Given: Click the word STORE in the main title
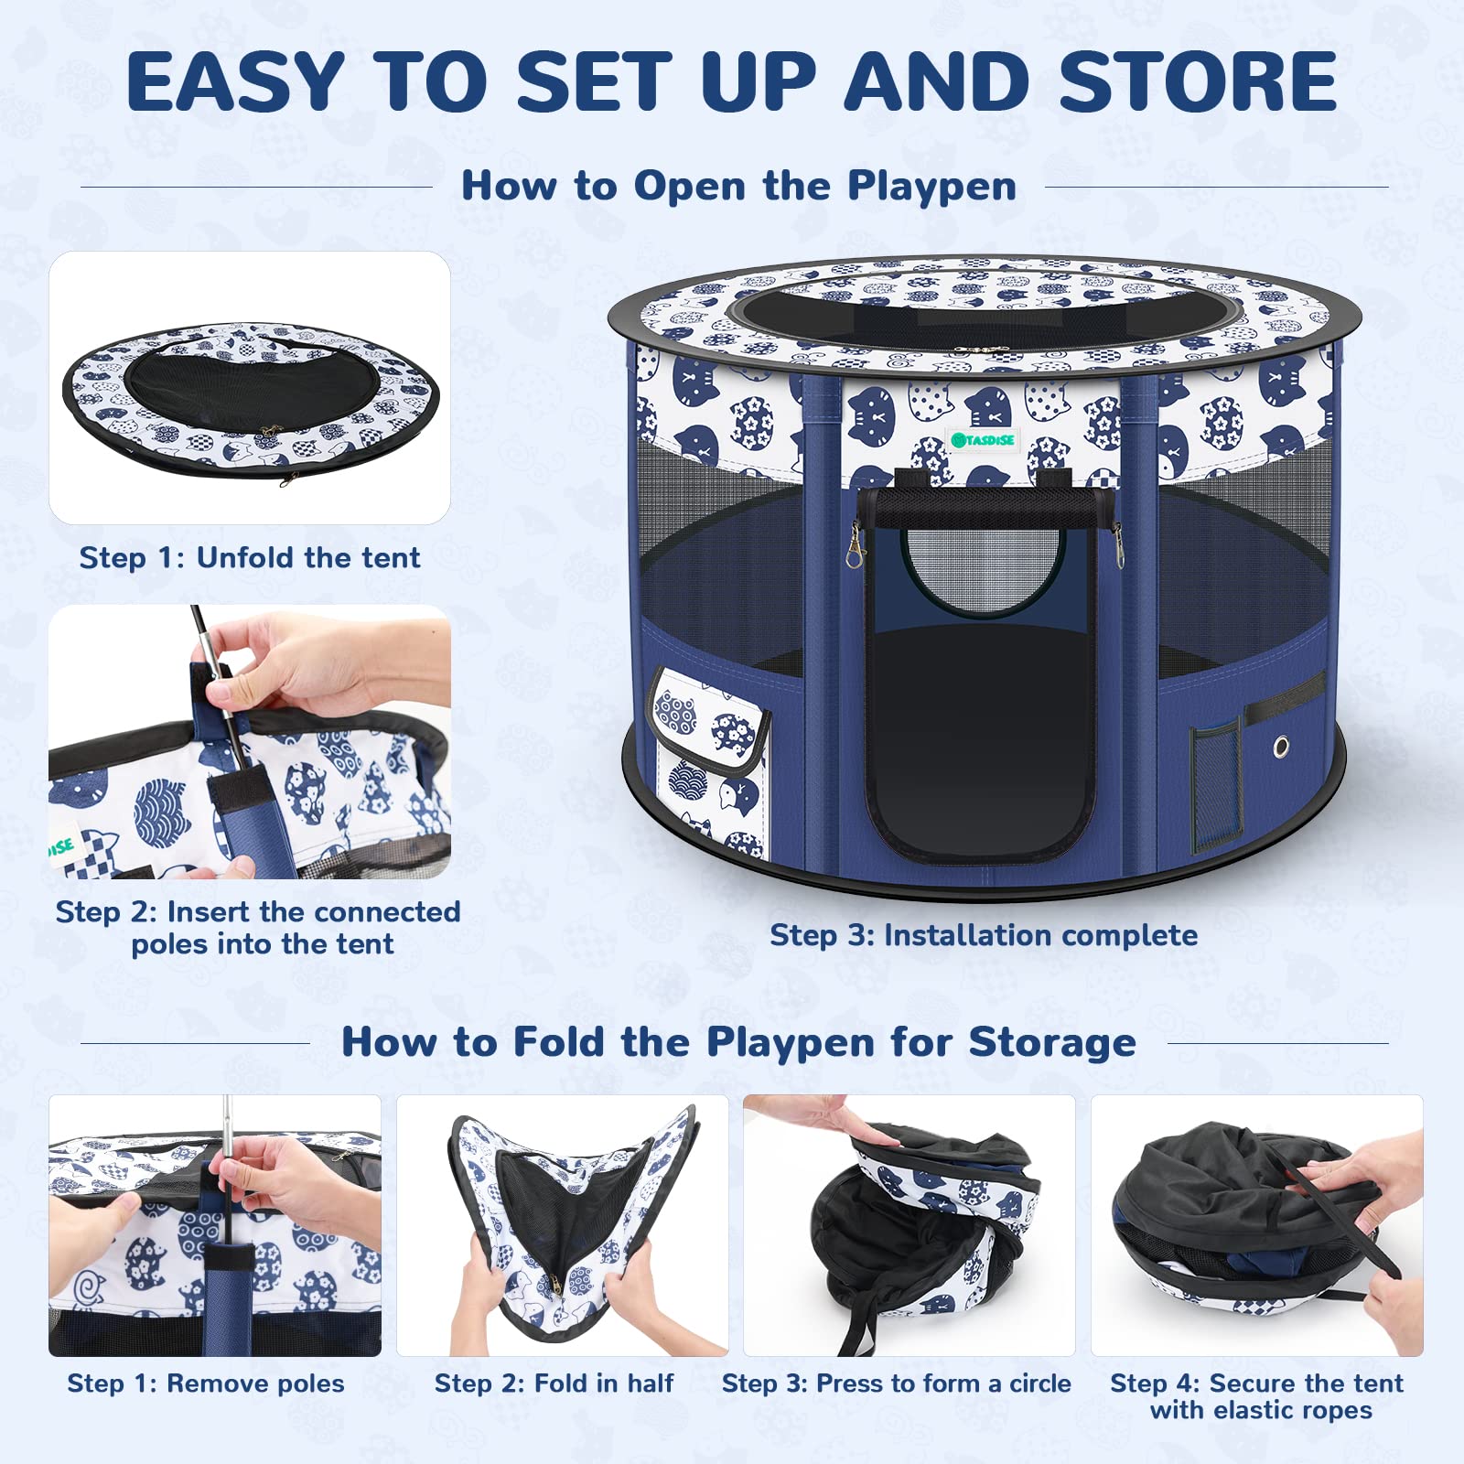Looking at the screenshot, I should (x=1198, y=82).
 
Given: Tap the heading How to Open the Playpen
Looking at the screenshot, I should (x=738, y=186).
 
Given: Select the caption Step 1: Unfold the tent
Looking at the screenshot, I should (x=249, y=557).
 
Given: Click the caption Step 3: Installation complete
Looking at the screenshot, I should (x=983, y=935).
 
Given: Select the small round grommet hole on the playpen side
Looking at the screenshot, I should (x=1281, y=747).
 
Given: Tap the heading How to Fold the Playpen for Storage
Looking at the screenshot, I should (x=738, y=1042).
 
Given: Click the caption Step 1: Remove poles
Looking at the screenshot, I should (x=206, y=1383).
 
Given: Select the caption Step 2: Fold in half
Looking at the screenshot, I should (x=554, y=1383).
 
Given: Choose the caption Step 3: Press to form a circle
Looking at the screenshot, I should (x=896, y=1383).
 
